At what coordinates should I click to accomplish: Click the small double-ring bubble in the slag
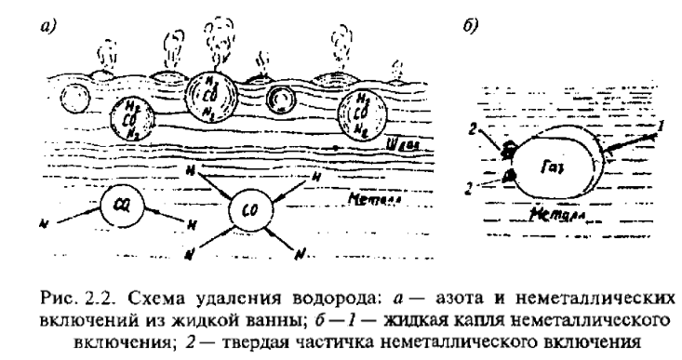pyautogui.click(x=278, y=99)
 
